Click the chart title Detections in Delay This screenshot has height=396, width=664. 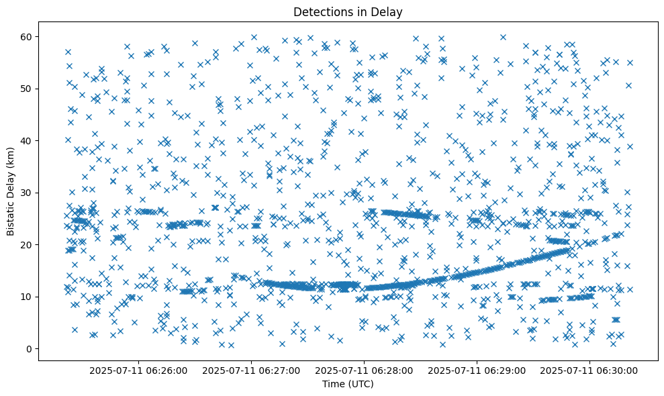[348, 11]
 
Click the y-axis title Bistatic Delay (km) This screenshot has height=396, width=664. [11, 191]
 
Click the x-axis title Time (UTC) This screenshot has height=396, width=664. [348, 384]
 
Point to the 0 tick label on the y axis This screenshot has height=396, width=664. [30, 348]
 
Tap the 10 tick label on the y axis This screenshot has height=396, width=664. [27, 297]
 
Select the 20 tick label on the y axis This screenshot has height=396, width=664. [27, 244]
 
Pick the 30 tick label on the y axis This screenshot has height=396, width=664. [27, 193]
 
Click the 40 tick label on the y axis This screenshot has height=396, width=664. [27, 140]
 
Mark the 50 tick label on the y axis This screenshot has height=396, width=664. [27, 89]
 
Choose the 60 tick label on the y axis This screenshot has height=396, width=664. [27, 36]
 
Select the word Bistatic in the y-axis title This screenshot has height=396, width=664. [11, 215]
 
